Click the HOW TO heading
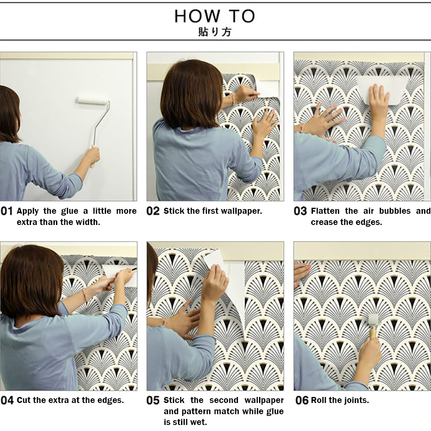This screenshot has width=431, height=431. [215, 16]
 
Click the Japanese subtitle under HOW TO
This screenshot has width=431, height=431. [215, 32]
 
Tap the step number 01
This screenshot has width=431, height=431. [7, 211]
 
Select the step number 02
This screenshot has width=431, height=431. [153, 211]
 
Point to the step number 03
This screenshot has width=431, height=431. [300, 211]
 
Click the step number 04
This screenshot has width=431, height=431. [7, 400]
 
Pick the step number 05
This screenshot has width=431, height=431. [153, 400]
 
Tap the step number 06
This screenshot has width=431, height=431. [302, 400]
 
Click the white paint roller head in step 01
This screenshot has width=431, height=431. [92, 101]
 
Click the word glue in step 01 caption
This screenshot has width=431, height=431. [69, 211]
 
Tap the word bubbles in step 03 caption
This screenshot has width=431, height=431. [394, 211]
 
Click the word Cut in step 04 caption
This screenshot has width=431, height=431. [23, 400]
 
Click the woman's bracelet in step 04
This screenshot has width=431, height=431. [85, 294]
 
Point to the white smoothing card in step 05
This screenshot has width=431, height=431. [214, 259]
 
